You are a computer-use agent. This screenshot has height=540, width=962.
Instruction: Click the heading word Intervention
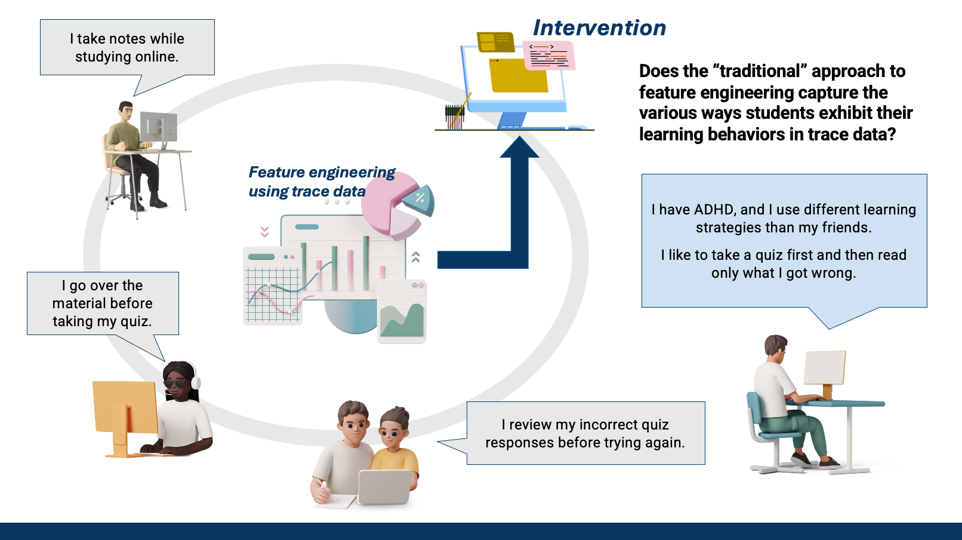coord(599,28)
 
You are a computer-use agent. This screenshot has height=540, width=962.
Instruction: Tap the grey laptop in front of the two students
coord(385,487)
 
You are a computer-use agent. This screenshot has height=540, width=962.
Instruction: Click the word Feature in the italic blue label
coord(277,172)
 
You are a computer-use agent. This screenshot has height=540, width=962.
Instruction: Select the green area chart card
coord(402,312)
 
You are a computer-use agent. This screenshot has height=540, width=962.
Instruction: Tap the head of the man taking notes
coord(125,110)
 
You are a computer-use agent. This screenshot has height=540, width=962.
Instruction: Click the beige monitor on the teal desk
coord(825,367)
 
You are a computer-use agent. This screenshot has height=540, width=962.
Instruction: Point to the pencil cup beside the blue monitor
coord(454,116)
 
